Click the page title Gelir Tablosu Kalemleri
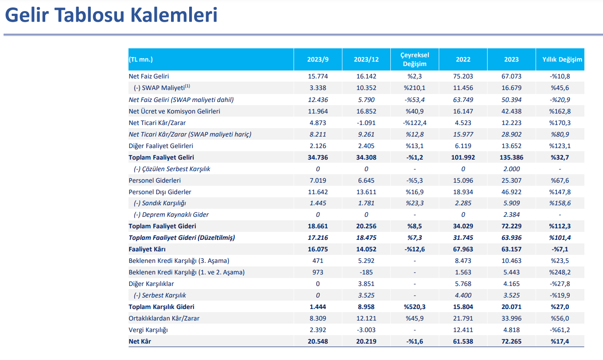pos(111,15)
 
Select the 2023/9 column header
pos(318,59)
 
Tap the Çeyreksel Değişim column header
pos(415,59)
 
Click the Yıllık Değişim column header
pos(562,59)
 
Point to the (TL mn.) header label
pos(141,59)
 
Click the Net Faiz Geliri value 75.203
pos(463,76)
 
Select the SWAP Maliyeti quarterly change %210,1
pos(415,88)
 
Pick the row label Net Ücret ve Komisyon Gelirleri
pos(174,111)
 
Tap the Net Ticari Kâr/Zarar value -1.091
pos(366,123)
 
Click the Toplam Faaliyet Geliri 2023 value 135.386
pos(511,157)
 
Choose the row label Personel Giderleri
pos(155,180)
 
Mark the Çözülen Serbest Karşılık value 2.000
pos(511,169)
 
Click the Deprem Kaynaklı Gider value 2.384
pos(511,215)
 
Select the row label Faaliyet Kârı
pos(147,249)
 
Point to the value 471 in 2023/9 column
pos(318,261)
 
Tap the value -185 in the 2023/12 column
pos(366,272)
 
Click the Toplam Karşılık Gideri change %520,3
pos(415,307)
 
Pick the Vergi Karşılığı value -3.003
pos(366,330)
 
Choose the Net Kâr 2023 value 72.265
pos(511,341)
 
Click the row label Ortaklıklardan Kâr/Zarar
pos(164,318)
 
